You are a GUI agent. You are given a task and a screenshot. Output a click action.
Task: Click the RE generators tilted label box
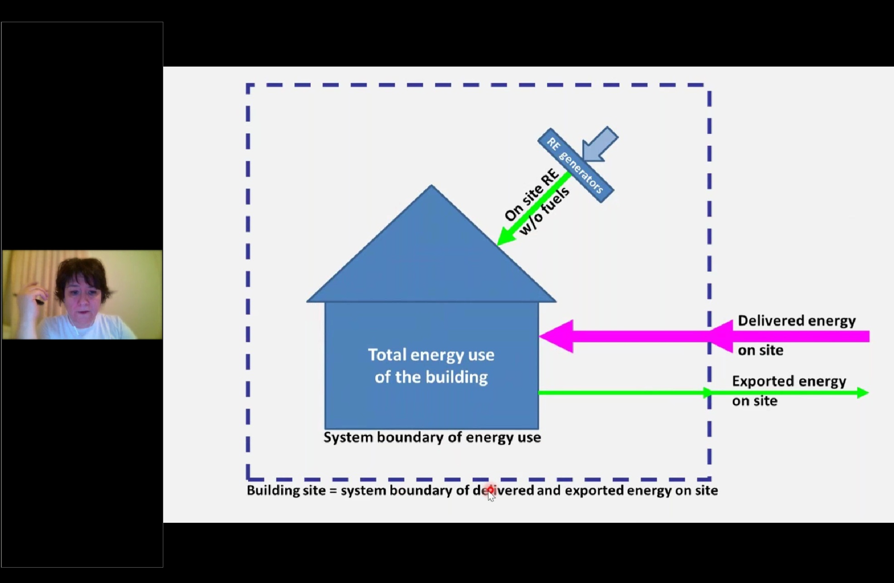coord(576,165)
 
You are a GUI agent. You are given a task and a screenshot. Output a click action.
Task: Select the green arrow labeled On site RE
coord(535,208)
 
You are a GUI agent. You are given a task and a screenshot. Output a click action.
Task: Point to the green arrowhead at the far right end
coord(862,393)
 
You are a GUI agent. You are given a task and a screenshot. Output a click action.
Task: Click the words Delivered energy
coord(796,321)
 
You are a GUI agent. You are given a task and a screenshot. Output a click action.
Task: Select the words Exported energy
coord(789,381)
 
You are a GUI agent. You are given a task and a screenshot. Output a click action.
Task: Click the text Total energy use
coord(431,355)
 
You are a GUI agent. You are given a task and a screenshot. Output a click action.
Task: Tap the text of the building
coord(431,377)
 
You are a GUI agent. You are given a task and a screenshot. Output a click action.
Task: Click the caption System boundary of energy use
coord(432,437)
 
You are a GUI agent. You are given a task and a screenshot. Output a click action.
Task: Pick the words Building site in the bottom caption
coord(286,490)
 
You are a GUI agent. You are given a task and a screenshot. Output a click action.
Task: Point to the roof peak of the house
coord(431,187)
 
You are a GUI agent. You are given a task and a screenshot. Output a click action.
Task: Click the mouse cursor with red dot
coord(491,493)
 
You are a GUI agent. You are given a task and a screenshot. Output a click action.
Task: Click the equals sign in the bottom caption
coord(333,491)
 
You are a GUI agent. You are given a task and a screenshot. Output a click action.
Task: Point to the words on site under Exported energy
coord(754,401)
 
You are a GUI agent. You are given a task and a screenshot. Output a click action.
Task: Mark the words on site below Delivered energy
coord(760,350)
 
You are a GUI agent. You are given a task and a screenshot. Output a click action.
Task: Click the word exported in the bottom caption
coord(594,490)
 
